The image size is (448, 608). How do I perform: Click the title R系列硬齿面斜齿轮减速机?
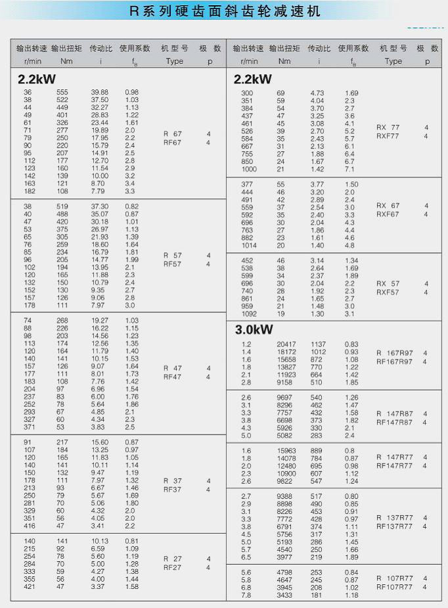(225, 12)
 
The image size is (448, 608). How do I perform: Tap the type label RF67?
(172, 142)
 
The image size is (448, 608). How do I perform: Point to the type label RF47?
(172, 377)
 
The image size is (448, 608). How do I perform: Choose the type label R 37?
(172, 480)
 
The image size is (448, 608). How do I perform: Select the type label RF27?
(172, 567)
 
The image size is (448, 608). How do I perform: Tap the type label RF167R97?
(394, 362)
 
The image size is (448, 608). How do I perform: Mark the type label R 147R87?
(394, 413)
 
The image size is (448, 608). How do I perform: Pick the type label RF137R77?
(394, 526)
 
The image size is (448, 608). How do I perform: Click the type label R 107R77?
(394, 578)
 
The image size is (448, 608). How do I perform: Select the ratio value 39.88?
(100, 92)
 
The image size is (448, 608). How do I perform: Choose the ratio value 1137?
(318, 344)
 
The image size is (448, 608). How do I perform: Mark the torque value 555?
(62, 92)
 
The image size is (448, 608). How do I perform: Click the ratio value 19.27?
(100, 319)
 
